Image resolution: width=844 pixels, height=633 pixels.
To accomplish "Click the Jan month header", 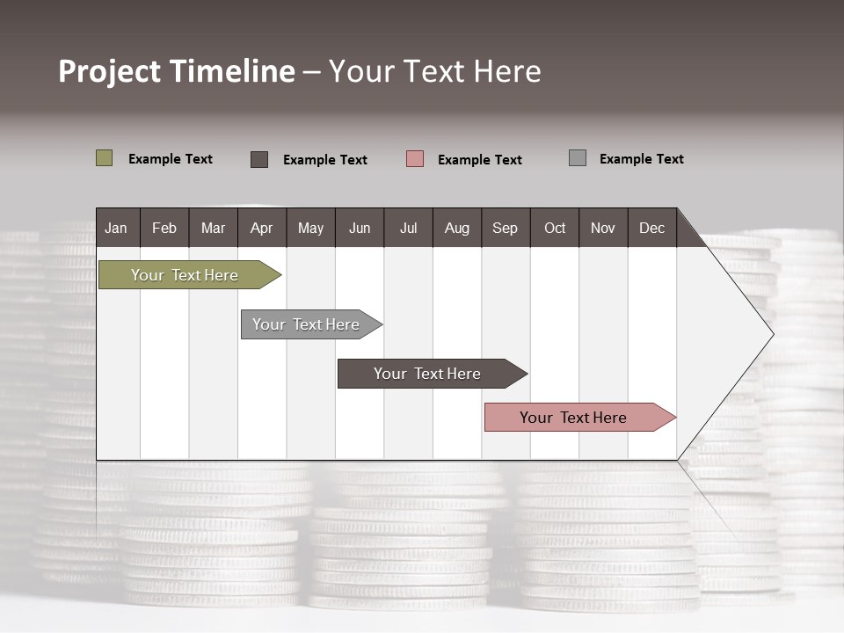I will click(117, 228).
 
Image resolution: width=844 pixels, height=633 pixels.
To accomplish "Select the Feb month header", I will click(164, 228).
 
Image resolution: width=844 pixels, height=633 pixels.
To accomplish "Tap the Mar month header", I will click(213, 228).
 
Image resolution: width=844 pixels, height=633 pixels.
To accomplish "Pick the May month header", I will click(310, 228).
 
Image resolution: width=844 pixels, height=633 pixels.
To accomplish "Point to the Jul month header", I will click(408, 228).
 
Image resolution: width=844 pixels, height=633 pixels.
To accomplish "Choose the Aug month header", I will click(456, 228).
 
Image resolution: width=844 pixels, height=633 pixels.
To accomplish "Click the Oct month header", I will click(555, 228).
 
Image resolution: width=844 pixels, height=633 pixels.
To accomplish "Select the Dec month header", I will click(651, 228).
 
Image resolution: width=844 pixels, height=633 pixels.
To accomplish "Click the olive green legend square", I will click(105, 158).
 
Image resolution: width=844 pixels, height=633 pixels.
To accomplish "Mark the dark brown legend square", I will click(259, 159).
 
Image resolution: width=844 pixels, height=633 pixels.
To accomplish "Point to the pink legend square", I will click(415, 159).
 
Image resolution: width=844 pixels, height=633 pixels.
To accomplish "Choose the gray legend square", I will click(578, 158).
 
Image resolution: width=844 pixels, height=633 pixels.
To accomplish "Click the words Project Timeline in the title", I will click(177, 71).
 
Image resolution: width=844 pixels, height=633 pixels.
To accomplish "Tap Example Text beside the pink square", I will click(479, 160).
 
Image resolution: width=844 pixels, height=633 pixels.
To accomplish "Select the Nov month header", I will click(603, 228).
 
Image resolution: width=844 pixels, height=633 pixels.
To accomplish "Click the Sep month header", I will click(505, 228).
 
